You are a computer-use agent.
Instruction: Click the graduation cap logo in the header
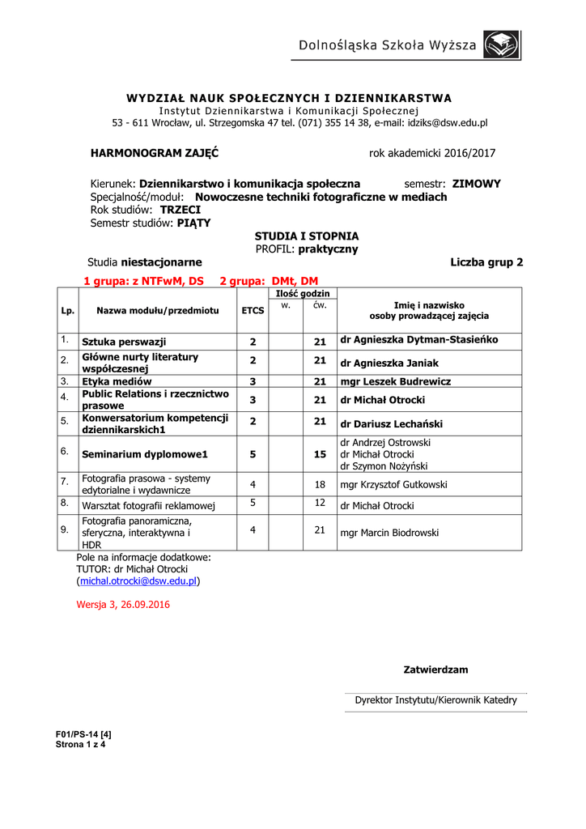[502, 45]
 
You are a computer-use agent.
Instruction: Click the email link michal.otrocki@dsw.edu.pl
[138, 581]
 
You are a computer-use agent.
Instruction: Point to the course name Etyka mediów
[117, 381]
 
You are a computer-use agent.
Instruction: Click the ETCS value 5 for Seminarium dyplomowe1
[253, 455]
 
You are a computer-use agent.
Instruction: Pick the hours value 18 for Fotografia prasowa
[320, 485]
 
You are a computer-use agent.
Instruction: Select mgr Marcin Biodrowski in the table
[389, 533]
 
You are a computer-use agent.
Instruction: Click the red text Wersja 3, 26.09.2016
[123, 604]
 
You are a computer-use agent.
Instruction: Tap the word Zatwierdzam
[435, 670]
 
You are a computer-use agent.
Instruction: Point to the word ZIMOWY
[476, 184]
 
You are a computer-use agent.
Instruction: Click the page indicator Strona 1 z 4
[80, 745]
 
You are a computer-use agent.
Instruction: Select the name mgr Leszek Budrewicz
[396, 381]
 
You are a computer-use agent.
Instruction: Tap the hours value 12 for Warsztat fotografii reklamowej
[320, 504]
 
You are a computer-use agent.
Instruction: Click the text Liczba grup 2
[486, 262]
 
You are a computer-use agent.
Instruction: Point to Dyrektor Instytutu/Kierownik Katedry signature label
[435, 700]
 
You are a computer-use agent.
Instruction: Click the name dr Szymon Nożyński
[384, 466]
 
